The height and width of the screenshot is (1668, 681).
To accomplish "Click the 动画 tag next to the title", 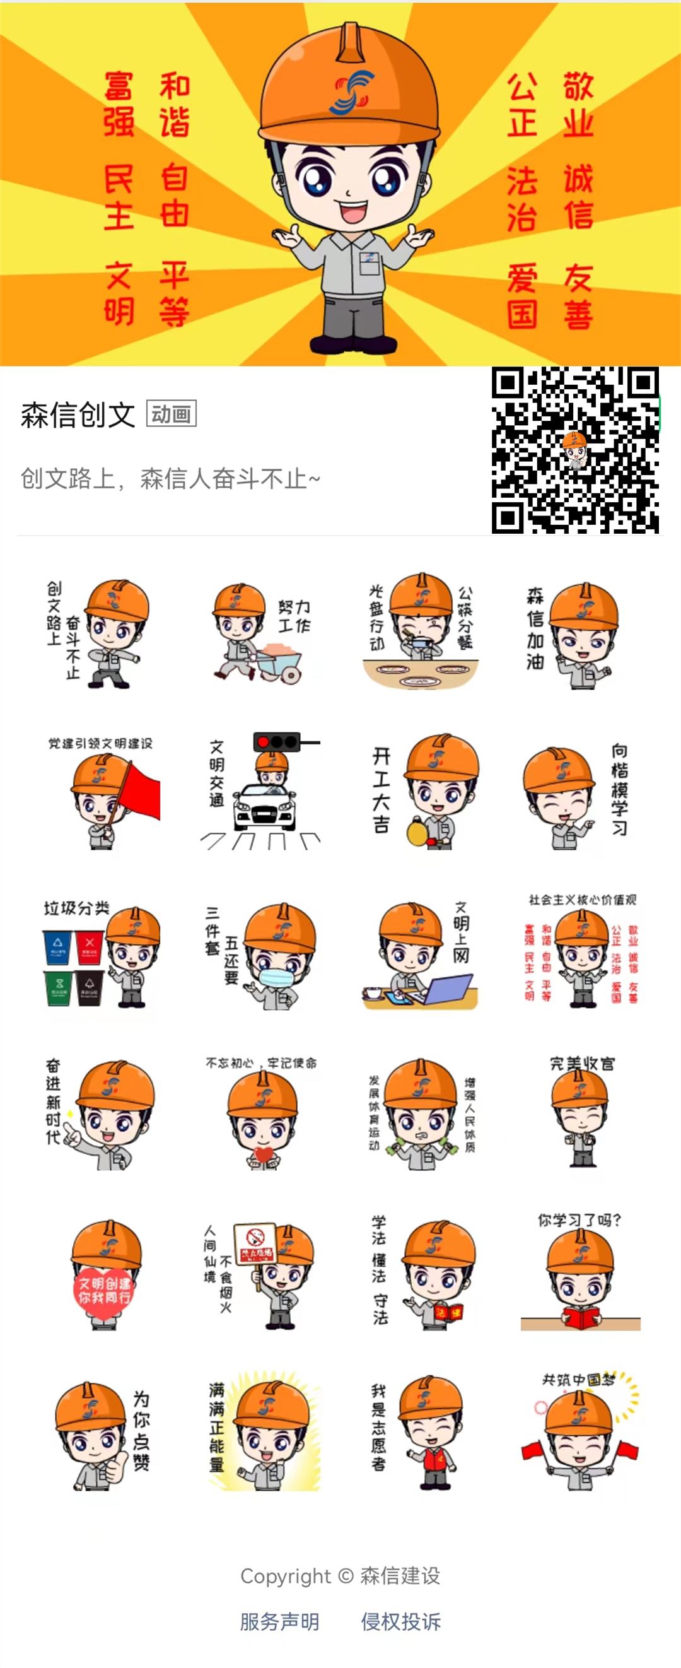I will tap(172, 414).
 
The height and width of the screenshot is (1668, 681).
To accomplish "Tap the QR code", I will tap(575, 450).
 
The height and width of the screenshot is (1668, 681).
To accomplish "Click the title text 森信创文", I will tap(78, 415).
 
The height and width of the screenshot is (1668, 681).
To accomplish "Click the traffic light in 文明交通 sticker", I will tap(277, 742).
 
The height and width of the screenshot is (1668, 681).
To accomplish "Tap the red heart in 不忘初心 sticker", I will tap(264, 1154).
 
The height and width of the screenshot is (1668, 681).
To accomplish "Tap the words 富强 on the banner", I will tap(119, 104).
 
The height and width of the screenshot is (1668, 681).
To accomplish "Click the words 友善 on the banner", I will tap(578, 297).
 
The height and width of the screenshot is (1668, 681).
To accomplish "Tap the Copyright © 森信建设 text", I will tap(340, 1575).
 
